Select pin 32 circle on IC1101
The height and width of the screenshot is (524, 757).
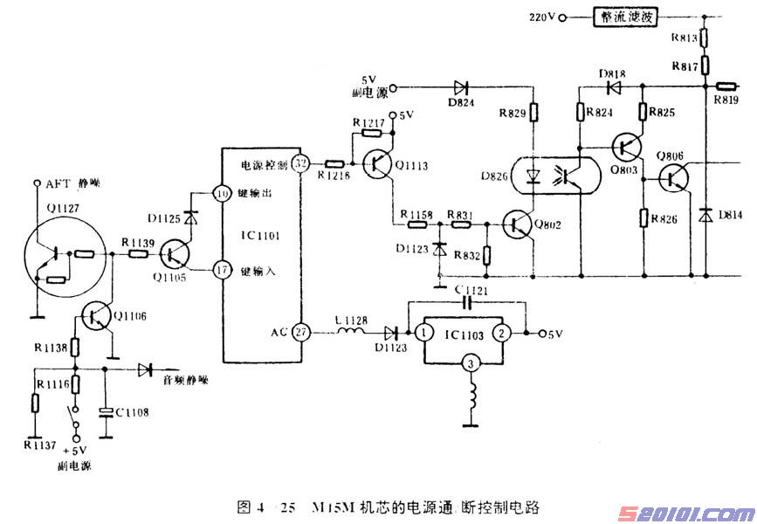(301, 163)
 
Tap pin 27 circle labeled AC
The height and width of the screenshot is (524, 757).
(301, 332)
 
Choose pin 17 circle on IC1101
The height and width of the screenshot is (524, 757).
(221, 270)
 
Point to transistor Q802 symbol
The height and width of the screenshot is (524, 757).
(518, 224)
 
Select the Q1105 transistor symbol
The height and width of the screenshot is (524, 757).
(175, 254)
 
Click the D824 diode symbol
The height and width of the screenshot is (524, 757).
(460, 86)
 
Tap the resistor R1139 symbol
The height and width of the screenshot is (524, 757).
(138, 254)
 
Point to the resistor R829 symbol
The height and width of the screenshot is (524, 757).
(532, 114)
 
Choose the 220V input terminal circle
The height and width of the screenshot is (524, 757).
(562, 17)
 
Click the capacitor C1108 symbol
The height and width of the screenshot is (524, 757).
(106, 412)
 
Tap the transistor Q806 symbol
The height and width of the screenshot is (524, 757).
(673, 178)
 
